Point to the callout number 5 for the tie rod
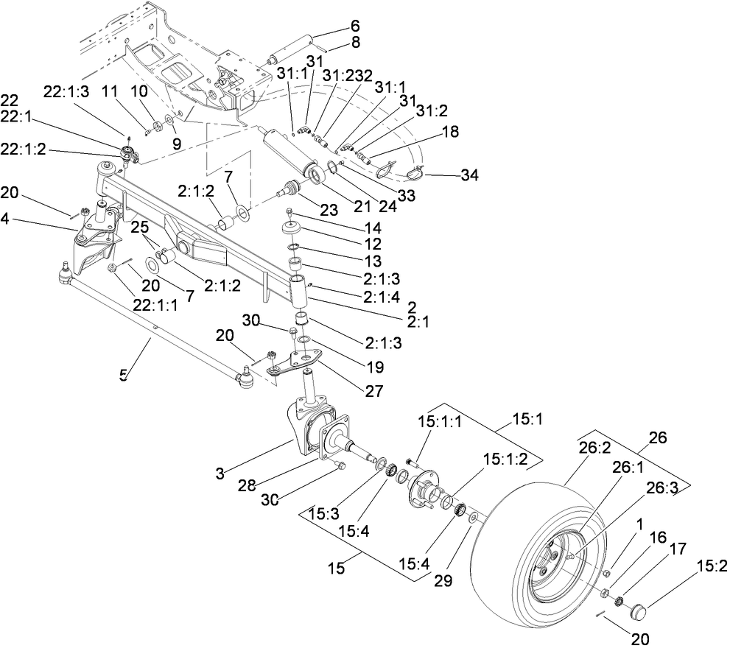[123, 375]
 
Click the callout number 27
[373, 391]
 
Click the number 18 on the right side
[450, 132]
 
